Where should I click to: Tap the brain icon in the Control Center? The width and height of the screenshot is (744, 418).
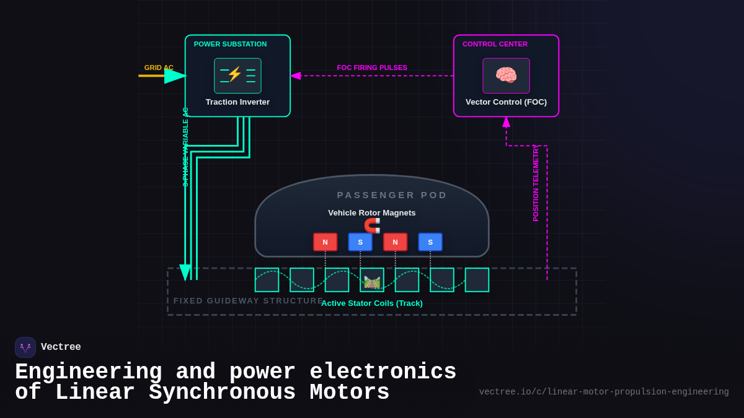pyautogui.click(x=506, y=76)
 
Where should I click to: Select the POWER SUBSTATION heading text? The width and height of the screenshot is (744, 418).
pyautogui.click(x=230, y=44)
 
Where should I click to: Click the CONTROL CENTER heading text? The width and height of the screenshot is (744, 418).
pyautogui.click(x=495, y=44)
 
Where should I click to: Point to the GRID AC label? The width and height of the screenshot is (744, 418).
pyautogui.click(x=159, y=67)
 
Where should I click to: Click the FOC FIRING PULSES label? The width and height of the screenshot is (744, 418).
pyautogui.click(x=372, y=67)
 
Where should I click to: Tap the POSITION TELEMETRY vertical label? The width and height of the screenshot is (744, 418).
pyautogui.click(x=536, y=183)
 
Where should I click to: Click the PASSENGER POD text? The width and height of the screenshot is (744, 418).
pyautogui.click(x=392, y=195)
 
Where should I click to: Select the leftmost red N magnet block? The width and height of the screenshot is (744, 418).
pyautogui.click(x=325, y=242)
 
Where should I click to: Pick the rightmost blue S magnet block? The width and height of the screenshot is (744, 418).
pyautogui.click(x=430, y=242)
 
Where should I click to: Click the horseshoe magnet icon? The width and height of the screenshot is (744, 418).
pyautogui.click(x=372, y=225)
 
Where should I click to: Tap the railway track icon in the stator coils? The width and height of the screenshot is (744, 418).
pyautogui.click(x=372, y=282)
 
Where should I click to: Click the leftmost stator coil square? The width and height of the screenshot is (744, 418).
pyautogui.click(x=267, y=280)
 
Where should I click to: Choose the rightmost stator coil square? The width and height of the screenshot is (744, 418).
pyautogui.click(x=477, y=280)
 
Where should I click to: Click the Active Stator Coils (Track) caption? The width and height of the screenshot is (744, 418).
pyautogui.click(x=372, y=303)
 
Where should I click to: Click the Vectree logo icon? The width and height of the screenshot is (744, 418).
pyautogui.click(x=25, y=347)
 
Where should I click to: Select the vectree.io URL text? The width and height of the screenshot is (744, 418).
pyautogui.click(x=603, y=392)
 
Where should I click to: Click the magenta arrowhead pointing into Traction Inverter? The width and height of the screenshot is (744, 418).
pyautogui.click(x=296, y=76)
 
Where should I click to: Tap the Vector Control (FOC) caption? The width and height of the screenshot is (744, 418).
pyautogui.click(x=506, y=102)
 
